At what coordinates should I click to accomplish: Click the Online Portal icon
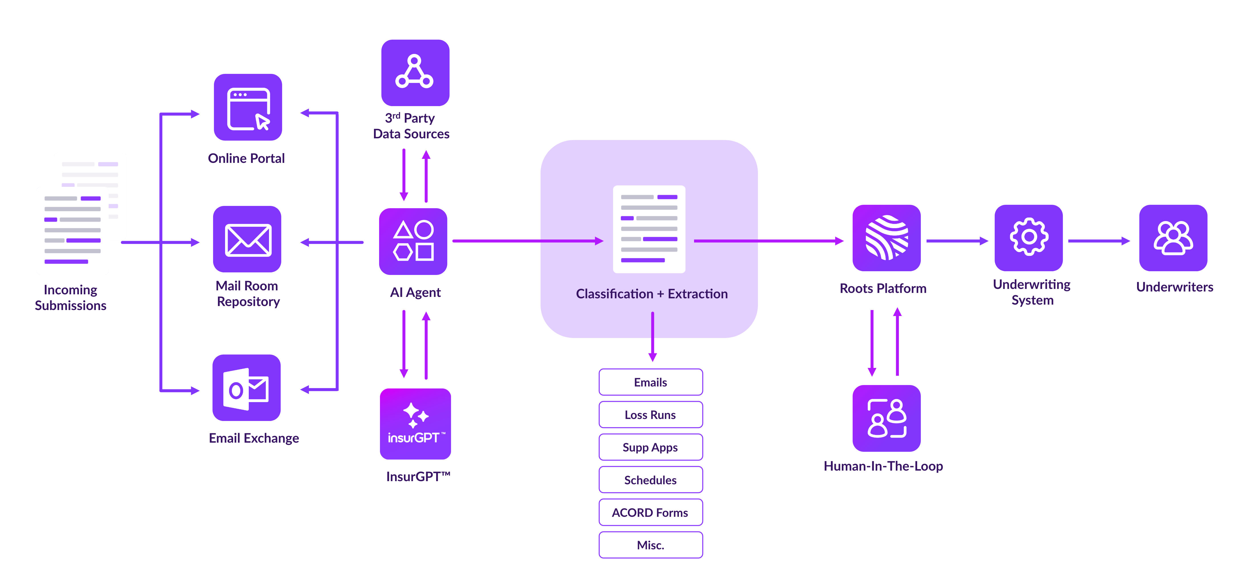click(x=248, y=108)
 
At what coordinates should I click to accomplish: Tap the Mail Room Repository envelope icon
click(x=248, y=240)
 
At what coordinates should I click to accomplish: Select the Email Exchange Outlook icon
click(x=246, y=388)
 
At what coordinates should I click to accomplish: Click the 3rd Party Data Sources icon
click(x=415, y=73)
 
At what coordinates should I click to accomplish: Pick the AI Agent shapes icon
click(x=413, y=241)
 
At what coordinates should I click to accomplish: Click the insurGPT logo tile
click(x=416, y=424)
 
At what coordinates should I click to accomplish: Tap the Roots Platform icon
click(x=886, y=238)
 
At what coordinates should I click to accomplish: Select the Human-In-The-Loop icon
click(x=886, y=418)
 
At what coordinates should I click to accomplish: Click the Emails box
click(x=651, y=382)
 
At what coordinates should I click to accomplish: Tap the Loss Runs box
click(x=651, y=415)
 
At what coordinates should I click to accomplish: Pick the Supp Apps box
click(x=651, y=447)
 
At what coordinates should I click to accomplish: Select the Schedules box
click(x=651, y=480)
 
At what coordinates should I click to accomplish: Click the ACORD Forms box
click(x=651, y=512)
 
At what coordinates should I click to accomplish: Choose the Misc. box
click(x=651, y=545)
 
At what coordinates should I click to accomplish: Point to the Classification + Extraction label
click(x=652, y=293)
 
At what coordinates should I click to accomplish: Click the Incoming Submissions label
click(x=70, y=297)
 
